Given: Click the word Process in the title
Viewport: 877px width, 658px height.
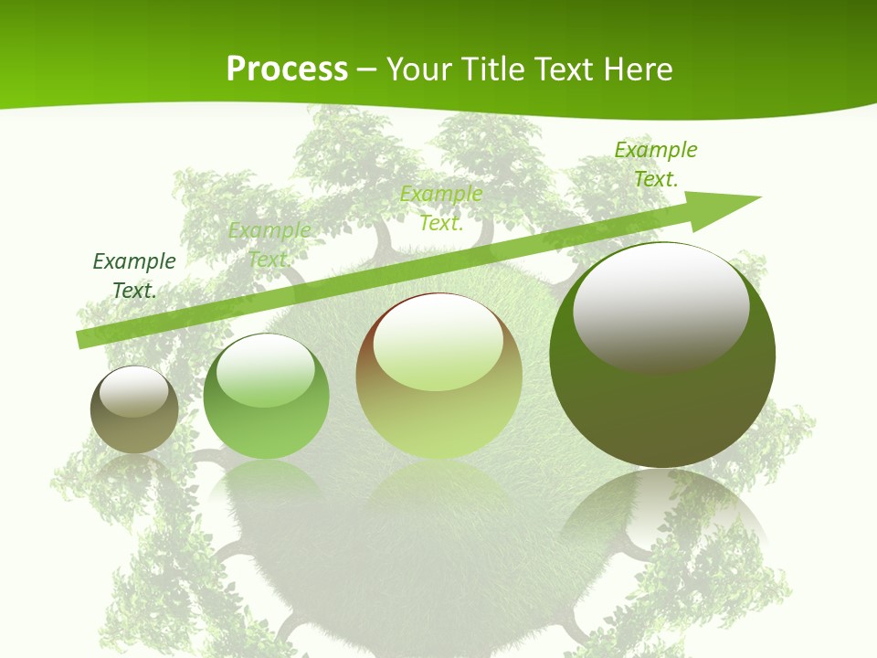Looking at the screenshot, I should pyautogui.click(x=287, y=69).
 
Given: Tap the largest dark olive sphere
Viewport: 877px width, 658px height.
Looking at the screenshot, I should pyautogui.click(x=662, y=402).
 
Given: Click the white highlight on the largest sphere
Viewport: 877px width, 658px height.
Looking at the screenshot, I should pyautogui.click(x=660, y=306).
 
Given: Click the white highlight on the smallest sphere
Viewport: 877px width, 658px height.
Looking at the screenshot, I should pyautogui.click(x=134, y=390).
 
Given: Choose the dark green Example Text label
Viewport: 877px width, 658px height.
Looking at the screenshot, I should pyautogui.click(x=134, y=276).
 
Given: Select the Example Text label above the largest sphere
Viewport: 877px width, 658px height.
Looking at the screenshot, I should pyautogui.click(x=656, y=164).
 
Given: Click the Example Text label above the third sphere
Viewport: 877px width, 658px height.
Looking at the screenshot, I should pyautogui.click(x=441, y=208).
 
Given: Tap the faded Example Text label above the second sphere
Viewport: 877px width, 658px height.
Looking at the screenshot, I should pyautogui.click(x=269, y=245).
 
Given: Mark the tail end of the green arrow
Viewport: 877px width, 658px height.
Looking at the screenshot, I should pyautogui.click(x=84, y=339).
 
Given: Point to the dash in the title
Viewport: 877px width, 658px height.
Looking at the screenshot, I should pyautogui.click(x=366, y=69).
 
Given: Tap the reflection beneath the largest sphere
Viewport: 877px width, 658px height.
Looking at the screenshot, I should pyautogui.click(x=662, y=521).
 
